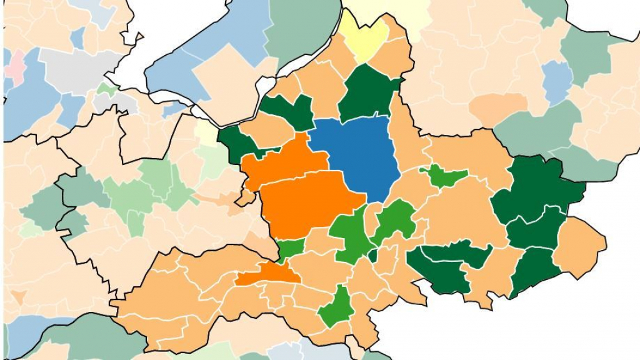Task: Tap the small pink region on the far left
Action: click(x=14, y=66)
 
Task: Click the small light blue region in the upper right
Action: click(x=557, y=81)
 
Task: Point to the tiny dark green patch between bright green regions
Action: click(x=373, y=255)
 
